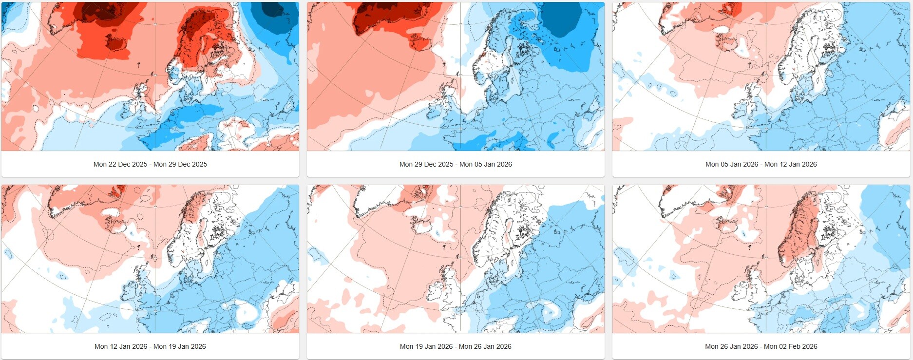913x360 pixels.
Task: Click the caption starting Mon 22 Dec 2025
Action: coord(150,164)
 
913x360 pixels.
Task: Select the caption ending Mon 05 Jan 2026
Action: coord(456,164)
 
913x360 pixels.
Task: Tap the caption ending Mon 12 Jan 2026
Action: coord(761,164)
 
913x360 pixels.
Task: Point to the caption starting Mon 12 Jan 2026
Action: coord(150,346)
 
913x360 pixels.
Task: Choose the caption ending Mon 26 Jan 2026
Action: coord(456,346)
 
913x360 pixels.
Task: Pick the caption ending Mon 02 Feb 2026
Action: coord(761,346)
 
